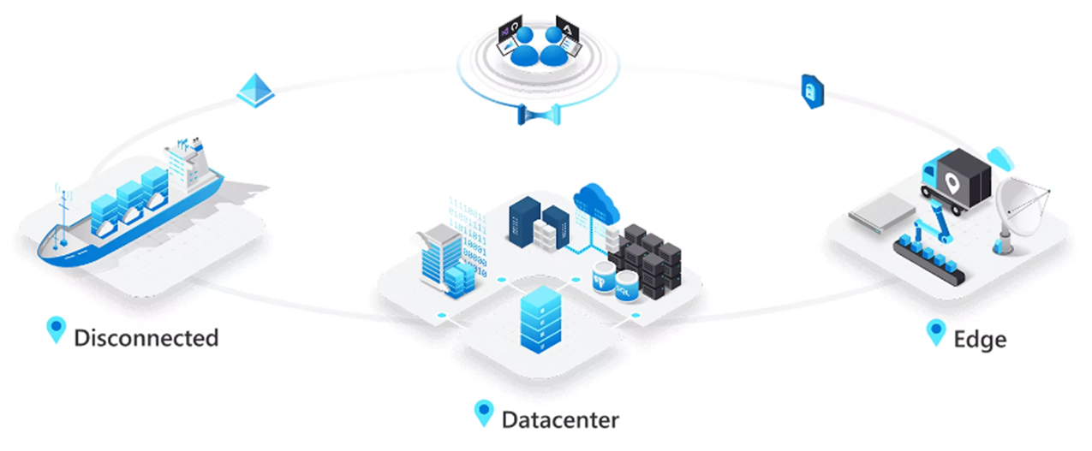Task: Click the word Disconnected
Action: click(x=146, y=338)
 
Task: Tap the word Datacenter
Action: click(x=560, y=420)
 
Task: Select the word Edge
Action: click(x=980, y=340)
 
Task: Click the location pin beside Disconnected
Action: click(x=56, y=329)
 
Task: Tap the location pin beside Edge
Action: click(x=935, y=333)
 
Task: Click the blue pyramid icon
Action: click(x=255, y=91)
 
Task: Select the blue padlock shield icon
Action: click(x=813, y=91)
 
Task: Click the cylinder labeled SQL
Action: click(x=626, y=286)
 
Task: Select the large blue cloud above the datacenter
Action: click(x=596, y=202)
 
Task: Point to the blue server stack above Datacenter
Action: click(x=540, y=319)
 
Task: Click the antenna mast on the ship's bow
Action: click(x=64, y=214)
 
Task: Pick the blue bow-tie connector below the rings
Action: click(x=539, y=115)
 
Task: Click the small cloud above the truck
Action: click(x=1000, y=159)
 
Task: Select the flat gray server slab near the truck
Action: click(x=881, y=213)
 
